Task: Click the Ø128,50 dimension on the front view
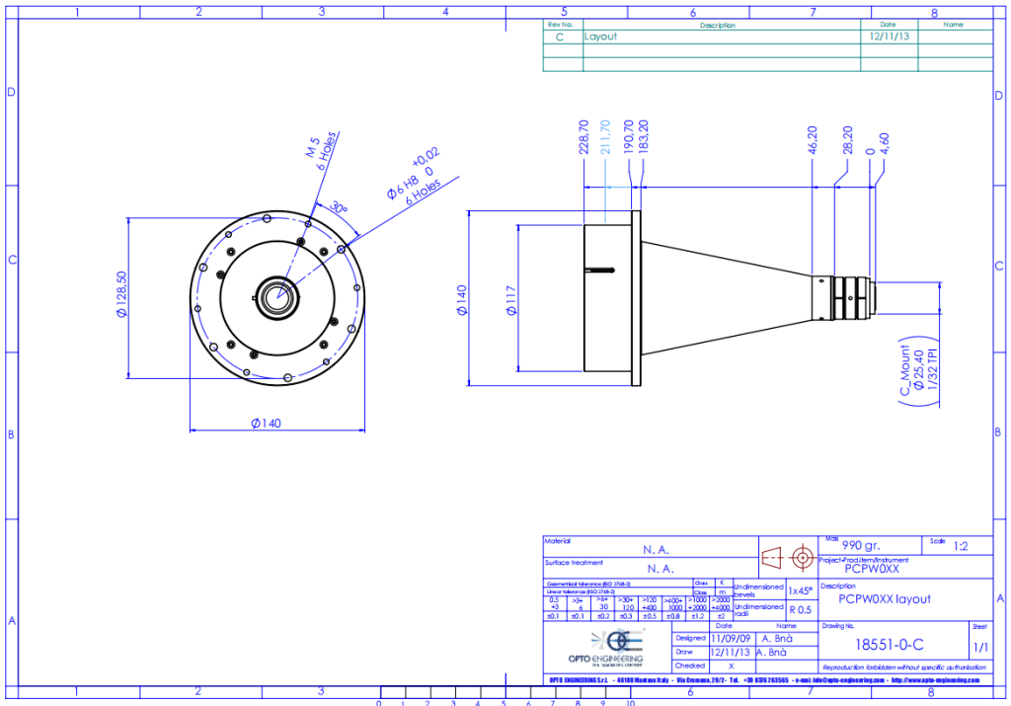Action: (x=121, y=295)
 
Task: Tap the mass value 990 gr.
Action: (x=859, y=544)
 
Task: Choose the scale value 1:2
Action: (x=961, y=544)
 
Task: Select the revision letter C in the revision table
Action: (x=561, y=36)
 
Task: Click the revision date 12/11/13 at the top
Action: (x=888, y=36)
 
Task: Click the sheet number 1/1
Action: (x=981, y=648)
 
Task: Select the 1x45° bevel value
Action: (x=800, y=590)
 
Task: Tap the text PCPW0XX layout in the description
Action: (x=884, y=598)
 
